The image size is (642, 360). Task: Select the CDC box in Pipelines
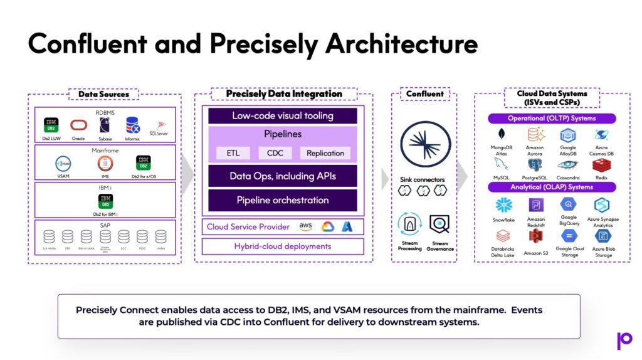tap(275, 153)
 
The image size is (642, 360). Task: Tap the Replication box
tap(325, 153)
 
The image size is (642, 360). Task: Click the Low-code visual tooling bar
tap(283, 116)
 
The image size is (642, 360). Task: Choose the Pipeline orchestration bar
tap(283, 200)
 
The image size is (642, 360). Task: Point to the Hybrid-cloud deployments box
tap(283, 246)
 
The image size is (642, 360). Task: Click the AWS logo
tap(305, 226)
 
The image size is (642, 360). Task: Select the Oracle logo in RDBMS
tap(78, 125)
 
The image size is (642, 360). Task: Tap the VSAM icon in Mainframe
tap(64, 164)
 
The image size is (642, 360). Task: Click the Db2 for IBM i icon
tap(105, 201)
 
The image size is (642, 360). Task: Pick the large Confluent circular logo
tap(421, 144)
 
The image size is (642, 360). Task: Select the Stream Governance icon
tap(439, 225)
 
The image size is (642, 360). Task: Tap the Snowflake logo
tap(503, 205)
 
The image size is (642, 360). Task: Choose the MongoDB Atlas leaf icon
tap(502, 134)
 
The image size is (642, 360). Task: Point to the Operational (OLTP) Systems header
tap(552, 119)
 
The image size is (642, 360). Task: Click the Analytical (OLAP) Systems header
tap(552, 187)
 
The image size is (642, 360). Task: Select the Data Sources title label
tap(103, 94)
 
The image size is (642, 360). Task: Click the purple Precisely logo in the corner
tap(624, 340)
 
